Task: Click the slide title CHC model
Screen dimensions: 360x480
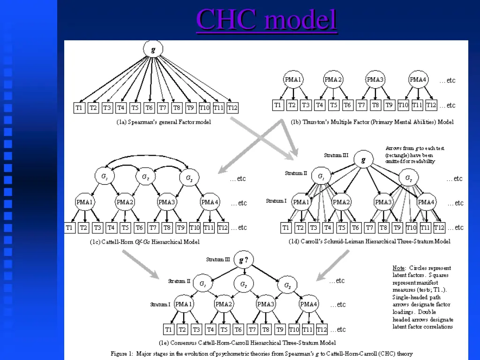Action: point(266,20)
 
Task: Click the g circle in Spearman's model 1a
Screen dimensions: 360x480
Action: point(153,49)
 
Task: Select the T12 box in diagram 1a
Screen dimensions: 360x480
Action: point(232,108)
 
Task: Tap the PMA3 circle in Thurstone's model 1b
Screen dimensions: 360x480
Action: point(375,80)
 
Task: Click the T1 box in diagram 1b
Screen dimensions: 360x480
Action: point(278,105)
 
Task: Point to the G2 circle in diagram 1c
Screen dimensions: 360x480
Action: point(145,178)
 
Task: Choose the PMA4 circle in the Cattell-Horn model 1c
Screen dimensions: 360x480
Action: point(210,202)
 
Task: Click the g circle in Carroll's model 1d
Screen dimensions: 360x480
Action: point(363,159)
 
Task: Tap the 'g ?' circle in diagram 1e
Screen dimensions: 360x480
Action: point(243,260)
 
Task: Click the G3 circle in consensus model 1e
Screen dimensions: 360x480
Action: point(287,285)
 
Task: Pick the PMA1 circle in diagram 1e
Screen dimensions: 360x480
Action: point(184,304)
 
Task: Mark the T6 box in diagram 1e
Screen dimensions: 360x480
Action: point(238,330)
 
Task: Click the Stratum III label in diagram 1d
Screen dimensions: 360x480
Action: point(336,155)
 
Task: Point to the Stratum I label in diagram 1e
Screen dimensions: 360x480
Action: point(160,304)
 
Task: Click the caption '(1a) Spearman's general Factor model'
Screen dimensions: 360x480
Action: point(164,122)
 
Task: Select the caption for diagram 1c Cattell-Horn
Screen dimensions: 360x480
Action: point(144,242)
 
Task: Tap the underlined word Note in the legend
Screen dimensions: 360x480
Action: point(398,268)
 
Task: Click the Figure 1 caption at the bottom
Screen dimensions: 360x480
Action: point(262,353)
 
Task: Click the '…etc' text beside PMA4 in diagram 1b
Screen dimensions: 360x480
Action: point(447,81)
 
